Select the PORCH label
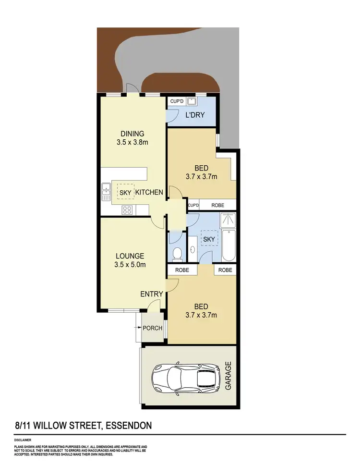pos(153,329)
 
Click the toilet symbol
pos(176,253)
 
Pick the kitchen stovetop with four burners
pos(127,209)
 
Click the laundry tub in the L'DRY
pos(192,101)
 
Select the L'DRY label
pos(195,115)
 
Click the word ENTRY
pos(152,294)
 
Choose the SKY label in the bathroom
pos(209,239)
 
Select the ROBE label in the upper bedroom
pos(218,205)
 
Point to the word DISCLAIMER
pos(23,440)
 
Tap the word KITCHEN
pos(150,192)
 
